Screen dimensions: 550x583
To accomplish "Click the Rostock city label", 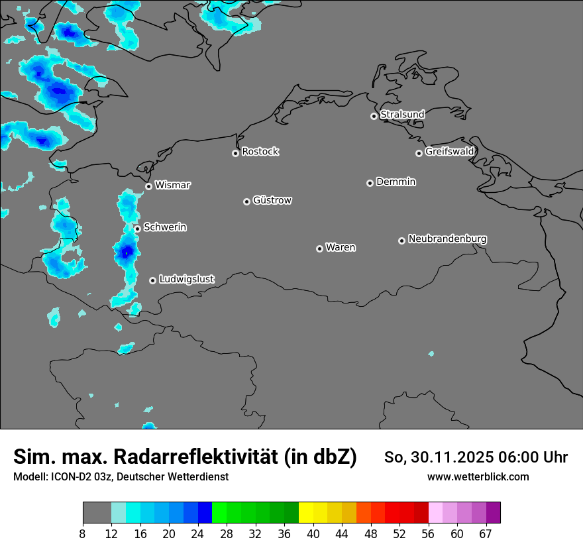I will click(260, 152).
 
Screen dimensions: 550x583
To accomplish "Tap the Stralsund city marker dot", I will click(374, 116).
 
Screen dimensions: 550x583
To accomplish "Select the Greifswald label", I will click(449, 152).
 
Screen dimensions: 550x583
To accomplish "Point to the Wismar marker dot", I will click(148, 186).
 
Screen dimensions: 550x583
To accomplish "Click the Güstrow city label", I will click(272, 200).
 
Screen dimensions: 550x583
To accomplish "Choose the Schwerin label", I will click(165, 227).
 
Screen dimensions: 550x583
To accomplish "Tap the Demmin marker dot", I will click(370, 183).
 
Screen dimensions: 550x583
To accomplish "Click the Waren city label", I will click(341, 248).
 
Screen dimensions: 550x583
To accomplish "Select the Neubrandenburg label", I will click(447, 239).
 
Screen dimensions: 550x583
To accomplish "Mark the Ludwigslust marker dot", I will click(152, 280).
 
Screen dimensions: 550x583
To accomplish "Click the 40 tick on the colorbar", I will click(313, 533).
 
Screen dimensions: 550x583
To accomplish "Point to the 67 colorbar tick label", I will click(486, 533).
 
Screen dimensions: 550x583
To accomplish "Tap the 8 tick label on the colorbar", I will click(83, 533).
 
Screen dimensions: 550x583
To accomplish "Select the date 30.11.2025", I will click(448, 457).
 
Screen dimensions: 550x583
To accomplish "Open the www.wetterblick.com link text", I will click(478, 476).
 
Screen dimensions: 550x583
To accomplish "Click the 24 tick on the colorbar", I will click(198, 533).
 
